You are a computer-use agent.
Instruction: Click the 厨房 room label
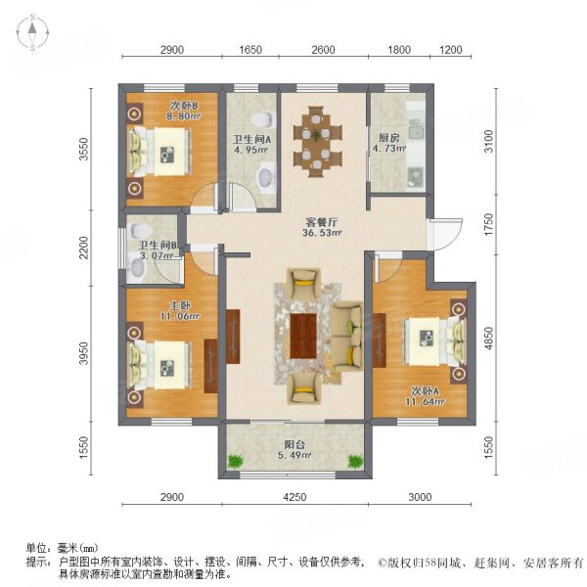pyautogui.click(x=384, y=138)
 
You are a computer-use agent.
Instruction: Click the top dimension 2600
pyautogui.click(x=323, y=50)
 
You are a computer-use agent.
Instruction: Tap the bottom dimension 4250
pyautogui.click(x=295, y=498)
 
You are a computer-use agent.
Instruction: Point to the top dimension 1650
pyautogui.click(x=252, y=50)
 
